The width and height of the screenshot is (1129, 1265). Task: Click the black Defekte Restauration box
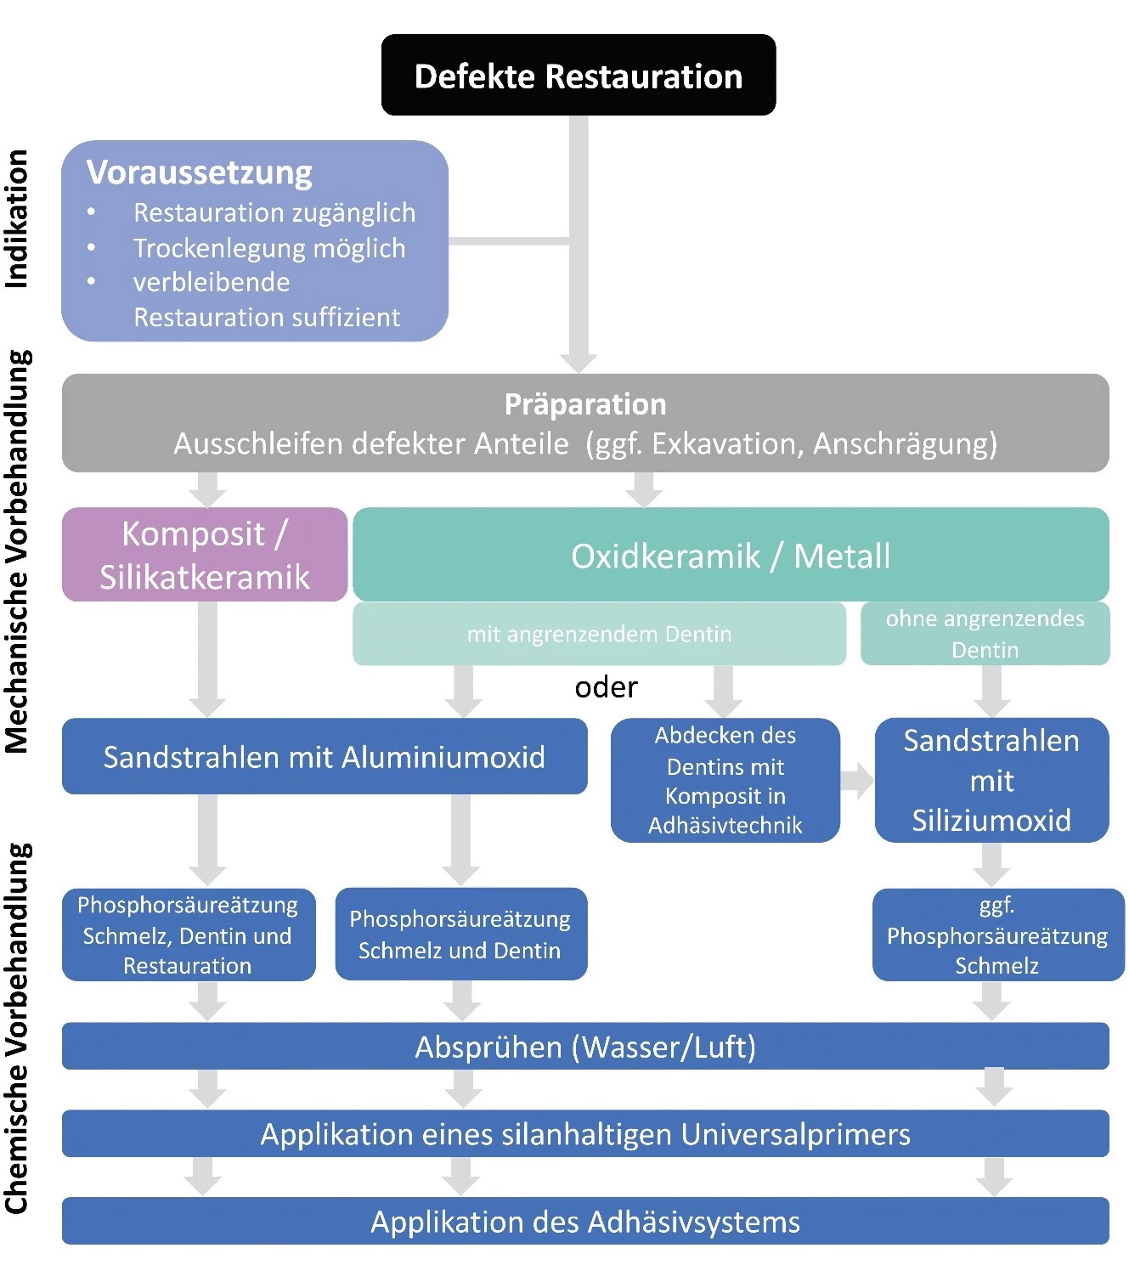click(x=579, y=76)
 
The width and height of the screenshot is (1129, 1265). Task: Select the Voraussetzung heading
click(x=200, y=172)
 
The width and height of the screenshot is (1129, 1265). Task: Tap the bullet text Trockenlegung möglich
click(x=268, y=248)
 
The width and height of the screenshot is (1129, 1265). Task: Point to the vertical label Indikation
click(x=18, y=219)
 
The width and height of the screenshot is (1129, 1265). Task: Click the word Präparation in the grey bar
click(x=585, y=404)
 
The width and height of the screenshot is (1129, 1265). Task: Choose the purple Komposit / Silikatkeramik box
click(x=205, y=555)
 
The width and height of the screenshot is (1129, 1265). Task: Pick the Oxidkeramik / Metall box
click(x=731, y=556)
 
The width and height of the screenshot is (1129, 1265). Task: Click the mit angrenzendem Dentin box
click(x=599, y=634)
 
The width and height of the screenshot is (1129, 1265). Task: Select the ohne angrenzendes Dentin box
click(x=985, y=634)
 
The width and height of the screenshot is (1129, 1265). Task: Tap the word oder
click(x=606, y=687)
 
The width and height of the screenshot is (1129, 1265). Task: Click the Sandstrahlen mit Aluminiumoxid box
click(x=324, y=757)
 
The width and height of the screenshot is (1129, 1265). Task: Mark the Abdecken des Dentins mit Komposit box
click(x=725, y=780)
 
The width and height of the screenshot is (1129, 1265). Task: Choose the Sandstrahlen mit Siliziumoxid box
click(x=991, y=780)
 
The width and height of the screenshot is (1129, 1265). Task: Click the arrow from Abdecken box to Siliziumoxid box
click(x=857, y=781)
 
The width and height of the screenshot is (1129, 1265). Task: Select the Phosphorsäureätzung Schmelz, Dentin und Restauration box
click(x=188, y=935)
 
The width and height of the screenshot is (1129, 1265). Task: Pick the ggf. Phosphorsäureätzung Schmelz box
click(x=997, y=935)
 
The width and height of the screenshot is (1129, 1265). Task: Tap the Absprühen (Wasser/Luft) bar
click(x=585, y=1047)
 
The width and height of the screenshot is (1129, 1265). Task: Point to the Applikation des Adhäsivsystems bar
click(x=585, y=1222)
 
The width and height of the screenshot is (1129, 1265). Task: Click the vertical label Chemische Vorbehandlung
click(x=18, y=1028)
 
